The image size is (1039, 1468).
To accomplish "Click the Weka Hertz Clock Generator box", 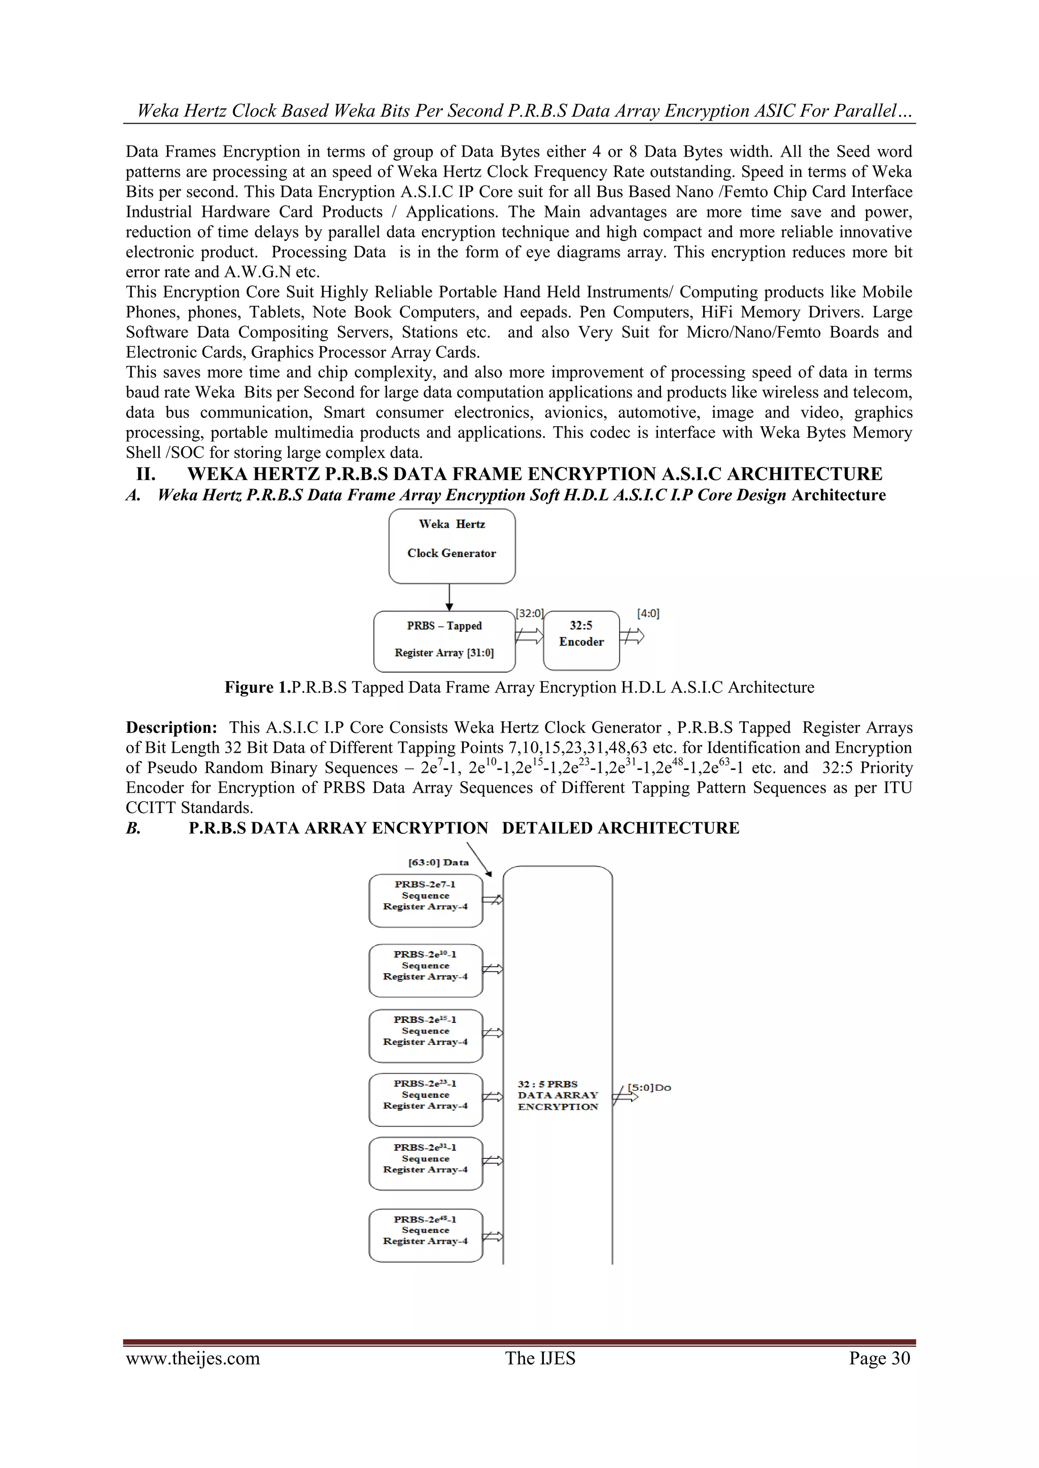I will [452, 545].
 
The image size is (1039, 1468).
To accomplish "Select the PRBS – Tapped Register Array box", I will [444, 640].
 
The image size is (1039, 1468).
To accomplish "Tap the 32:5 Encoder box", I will [581, 640].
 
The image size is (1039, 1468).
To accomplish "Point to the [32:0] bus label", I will [529, 614].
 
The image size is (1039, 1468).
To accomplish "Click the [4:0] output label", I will [648, 614].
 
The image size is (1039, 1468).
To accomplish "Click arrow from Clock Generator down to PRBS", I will [450, 597].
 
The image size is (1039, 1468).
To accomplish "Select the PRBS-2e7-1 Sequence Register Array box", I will [426, 900].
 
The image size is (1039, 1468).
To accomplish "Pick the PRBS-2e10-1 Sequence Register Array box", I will [426, 970].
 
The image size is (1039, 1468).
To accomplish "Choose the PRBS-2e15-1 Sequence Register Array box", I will [426, 1035].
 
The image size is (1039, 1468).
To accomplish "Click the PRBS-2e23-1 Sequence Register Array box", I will [426, 1099].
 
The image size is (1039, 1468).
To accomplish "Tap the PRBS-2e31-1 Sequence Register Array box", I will [426, 1163].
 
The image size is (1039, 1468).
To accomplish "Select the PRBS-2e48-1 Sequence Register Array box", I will [426, 1235].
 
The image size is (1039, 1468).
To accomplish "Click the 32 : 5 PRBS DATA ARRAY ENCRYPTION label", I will [557, 1095].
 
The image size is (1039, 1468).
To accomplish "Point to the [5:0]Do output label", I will [649, 1088].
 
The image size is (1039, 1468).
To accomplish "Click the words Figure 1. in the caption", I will [257, 687].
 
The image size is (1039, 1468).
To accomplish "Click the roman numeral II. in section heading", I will [146, 474].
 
